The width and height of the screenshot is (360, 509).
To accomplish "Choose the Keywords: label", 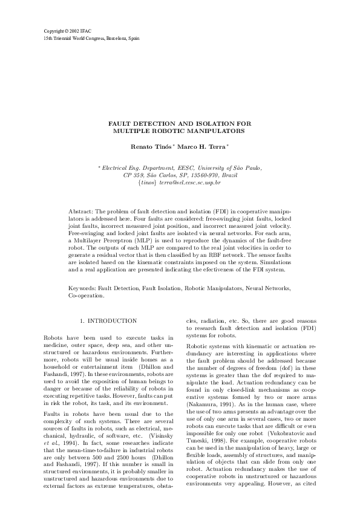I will (83, 290).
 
